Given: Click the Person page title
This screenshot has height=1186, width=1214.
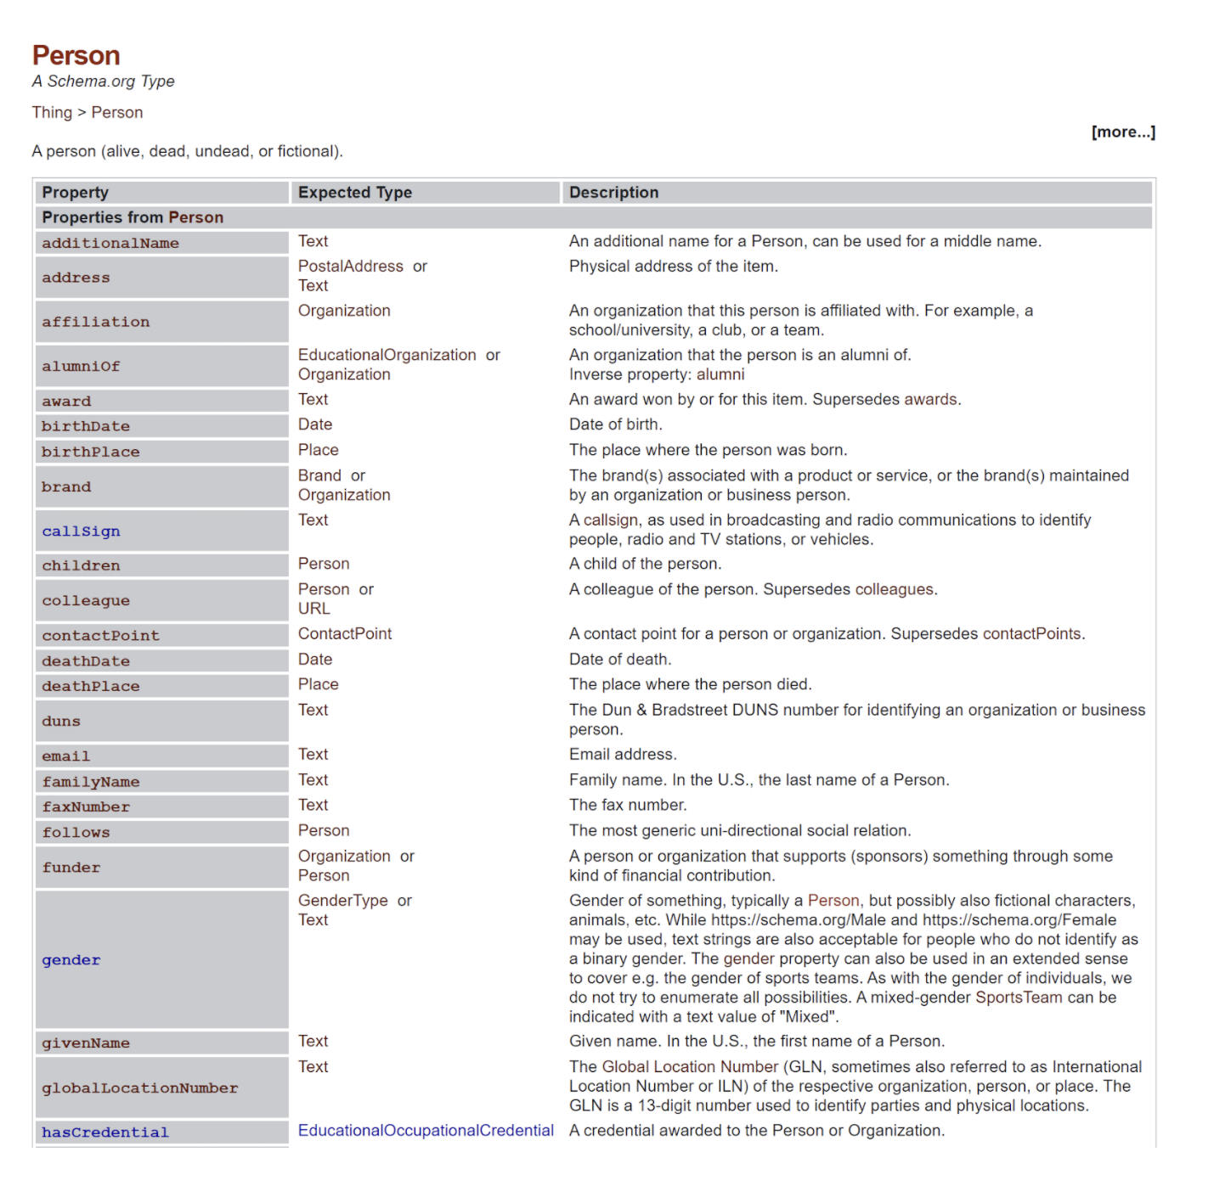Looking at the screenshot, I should [76, 55].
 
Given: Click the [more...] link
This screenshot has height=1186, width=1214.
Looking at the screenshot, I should [1122, 132].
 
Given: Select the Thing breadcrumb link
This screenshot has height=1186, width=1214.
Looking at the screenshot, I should [52, 112].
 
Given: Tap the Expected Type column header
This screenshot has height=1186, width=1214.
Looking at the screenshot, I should [354, 193].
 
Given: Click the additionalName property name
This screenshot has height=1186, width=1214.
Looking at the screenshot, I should [110, 243].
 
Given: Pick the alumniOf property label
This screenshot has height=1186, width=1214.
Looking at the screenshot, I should [81, 366].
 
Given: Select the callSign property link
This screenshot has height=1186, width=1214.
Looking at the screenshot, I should [81, 531].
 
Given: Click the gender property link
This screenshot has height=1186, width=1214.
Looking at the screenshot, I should [71, 960].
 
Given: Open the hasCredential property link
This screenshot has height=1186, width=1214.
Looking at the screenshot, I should [105, 1133].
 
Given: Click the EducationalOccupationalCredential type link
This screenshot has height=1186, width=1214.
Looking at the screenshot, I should [426, 1131].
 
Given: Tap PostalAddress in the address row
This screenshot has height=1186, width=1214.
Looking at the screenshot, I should [350, 267].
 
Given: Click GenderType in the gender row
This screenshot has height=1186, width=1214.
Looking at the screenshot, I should [342, 901].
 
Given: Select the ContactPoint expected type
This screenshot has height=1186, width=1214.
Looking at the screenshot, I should [345, 634].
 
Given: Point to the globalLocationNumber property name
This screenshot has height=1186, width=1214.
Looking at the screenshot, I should [140, 1088].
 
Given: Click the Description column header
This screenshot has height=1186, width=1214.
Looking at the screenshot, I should [613, 193].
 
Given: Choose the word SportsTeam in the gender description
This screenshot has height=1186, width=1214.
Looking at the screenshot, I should [1019, 998].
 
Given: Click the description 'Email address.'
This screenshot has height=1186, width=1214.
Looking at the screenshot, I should [623, 755].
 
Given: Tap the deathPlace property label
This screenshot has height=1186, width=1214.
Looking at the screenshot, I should [91, 686].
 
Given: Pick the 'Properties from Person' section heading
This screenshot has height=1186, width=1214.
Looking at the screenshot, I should [133, 217].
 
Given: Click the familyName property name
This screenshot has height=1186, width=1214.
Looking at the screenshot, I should [91, 782].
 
